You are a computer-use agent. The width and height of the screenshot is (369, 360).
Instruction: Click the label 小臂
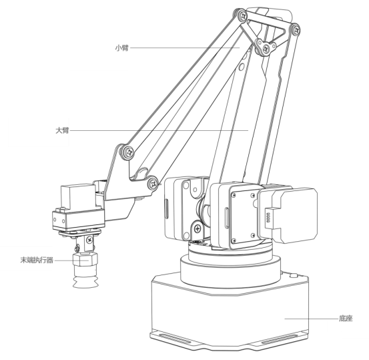coord(121,48)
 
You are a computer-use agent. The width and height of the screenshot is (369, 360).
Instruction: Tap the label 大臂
coord(62,130)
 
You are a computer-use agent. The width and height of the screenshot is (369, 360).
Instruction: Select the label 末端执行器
coord(37,260)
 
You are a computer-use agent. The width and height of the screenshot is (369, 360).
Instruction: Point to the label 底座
coord(346,319)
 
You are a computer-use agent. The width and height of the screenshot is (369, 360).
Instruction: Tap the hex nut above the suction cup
coord(85,260)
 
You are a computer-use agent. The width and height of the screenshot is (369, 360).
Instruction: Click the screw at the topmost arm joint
coord(243,16)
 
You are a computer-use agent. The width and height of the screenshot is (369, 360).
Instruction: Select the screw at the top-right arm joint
coord(296,29)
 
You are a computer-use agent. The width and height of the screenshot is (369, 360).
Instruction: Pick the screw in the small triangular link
coord(266,49)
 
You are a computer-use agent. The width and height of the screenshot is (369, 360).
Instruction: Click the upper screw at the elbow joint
coord(129,152)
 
